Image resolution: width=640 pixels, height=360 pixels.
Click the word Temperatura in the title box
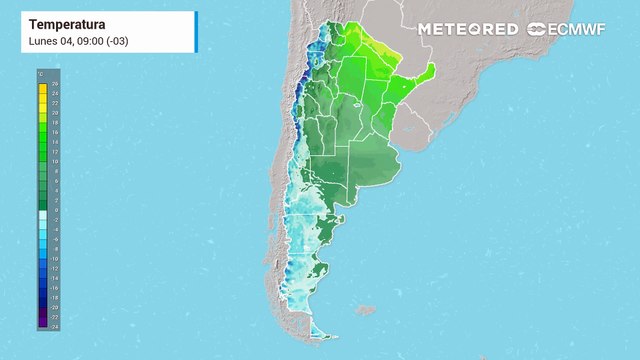point(61,23)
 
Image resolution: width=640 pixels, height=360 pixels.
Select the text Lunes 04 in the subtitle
point(46,41)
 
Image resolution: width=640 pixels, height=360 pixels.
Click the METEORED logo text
point(468,29)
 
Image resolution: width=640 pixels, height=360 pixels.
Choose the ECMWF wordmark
point(574,29)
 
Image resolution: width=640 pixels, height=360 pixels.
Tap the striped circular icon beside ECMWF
point(535,29)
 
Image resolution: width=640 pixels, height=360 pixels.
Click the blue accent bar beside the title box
point(196,32)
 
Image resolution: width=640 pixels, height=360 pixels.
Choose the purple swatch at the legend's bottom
point(43,322)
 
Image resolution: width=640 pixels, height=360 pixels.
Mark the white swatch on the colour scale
point(43,215)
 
